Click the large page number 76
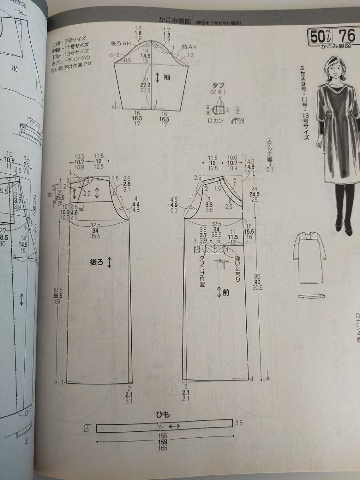click(x=346, y=36)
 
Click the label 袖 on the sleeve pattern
click(x=167, y=78)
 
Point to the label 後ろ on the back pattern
click(x=97, y=262)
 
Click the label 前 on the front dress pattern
click(x=226, y=292)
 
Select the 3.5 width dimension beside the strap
click(x=239, y=423)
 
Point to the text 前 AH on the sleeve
click(x=189, y=47)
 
